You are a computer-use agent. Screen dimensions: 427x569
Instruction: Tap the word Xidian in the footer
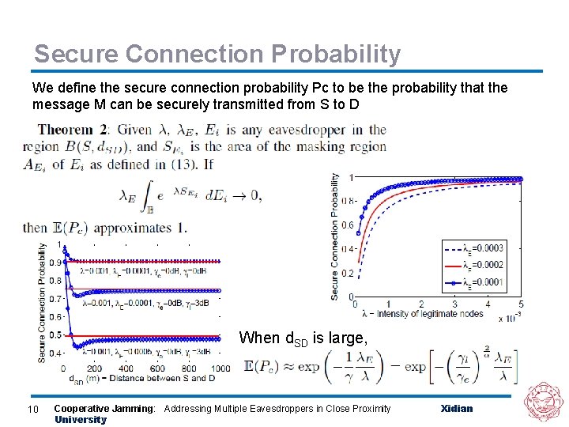click(x=457, y=408)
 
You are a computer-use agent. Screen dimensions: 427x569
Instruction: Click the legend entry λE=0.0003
click(x=483, y=248)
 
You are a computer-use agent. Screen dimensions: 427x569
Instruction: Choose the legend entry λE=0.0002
click(x=483, y=265)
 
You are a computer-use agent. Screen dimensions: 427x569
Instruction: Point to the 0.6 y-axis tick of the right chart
click(x=348, y=225)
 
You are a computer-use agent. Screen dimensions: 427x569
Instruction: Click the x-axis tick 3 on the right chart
click(x=454, y=304)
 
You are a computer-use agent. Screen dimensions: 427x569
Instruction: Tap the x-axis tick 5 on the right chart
click(x=520, y=304)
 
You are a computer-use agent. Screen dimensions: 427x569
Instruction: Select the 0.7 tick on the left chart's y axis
click(x=55, y=299)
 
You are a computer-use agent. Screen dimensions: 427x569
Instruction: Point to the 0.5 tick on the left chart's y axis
click(x=55, y=335)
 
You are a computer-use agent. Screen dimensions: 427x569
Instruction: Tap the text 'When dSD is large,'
click(x=303, y=338)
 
